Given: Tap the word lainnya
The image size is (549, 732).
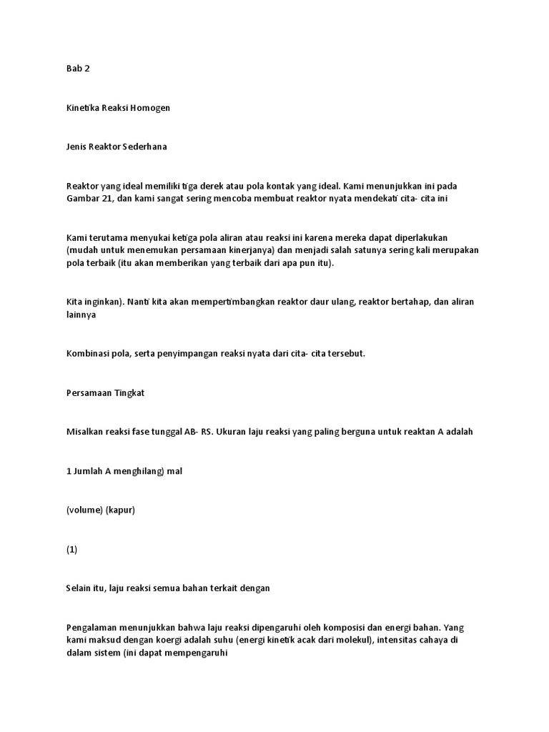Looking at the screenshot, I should tap(79, 314).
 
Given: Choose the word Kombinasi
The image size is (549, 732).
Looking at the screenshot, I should tap(89, 353).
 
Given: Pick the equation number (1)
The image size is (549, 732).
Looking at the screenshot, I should tap(71, 549).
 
